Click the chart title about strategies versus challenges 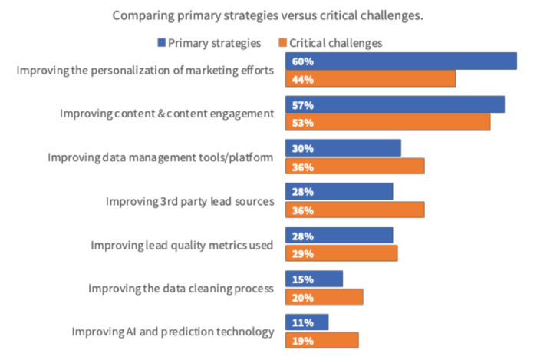(x=268, y=15)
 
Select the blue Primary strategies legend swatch (x=162, y=43)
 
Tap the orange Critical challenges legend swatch (x=283, y=43)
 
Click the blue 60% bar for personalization (x=400, y=61)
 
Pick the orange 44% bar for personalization (x=371, y=79)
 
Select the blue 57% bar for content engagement (x=394, y=104)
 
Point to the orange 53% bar (x=387, y=122)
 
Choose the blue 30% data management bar (x=343, y=148)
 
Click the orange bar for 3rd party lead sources (x=354, y=210)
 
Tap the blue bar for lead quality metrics (x=339, y=236)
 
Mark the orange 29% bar (x=341, y=253)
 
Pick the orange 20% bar (x=324, y=297)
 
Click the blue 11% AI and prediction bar (x=307, y=323)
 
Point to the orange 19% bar (x=321, y=341)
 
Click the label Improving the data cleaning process (x=181, y=289)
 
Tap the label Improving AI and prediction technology (x=173, y=332)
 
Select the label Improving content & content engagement (x=166, y=114)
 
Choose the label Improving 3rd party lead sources (x=189, y=201)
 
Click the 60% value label (x=301, y=62)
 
